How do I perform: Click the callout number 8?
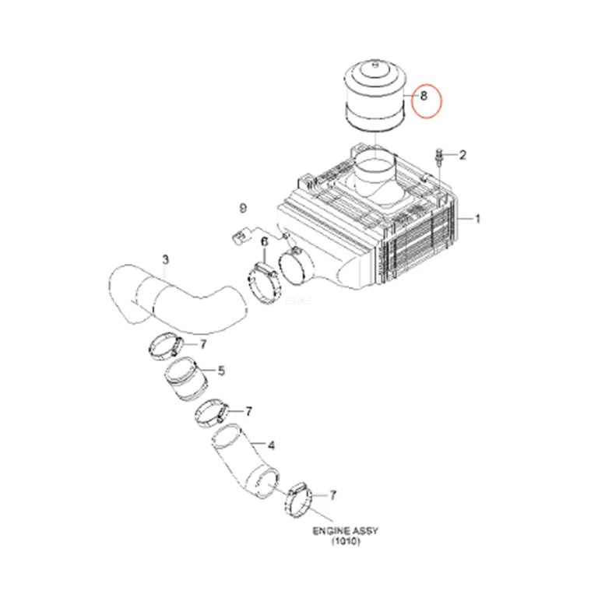(424, 95)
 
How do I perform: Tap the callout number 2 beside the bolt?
(463, 155)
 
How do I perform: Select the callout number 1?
(477, 219)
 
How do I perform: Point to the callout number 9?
(243, 208)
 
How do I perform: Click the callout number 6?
(264, 242)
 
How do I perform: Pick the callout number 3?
(165, 260)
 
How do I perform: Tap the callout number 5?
(221, 371)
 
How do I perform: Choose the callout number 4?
(271, 445)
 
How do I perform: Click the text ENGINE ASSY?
(346, 531)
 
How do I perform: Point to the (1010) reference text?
(346, 541)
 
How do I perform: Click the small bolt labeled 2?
(439, 157)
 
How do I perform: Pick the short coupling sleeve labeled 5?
(186, 378)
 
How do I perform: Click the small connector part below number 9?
(239, 236)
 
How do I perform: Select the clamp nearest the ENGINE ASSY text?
(298, 500)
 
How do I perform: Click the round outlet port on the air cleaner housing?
(297, 268)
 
